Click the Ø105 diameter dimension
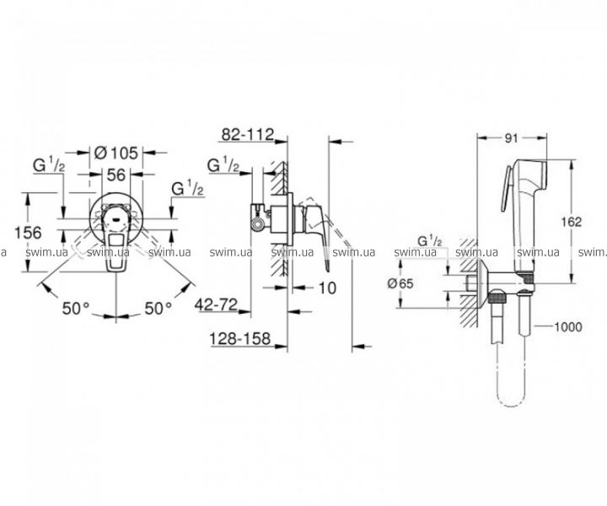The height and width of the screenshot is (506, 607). [x=116, y=153]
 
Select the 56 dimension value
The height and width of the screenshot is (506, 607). [x=116, y=175]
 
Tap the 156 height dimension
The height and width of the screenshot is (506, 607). [x=28, y=233]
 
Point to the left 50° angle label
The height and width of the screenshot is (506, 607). [x=76, y=309]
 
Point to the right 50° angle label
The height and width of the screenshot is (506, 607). [x=158, y=309]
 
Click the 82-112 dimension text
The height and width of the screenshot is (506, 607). [x=248, y=134]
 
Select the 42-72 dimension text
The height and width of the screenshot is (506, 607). [x=216, y=305]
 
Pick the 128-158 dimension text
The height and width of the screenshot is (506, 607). [x=239, y=339]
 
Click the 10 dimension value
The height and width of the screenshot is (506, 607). [x=327, y=288]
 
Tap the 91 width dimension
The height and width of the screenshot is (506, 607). [x=512, y=138]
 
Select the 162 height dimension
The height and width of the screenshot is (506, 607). [x=572, y=222]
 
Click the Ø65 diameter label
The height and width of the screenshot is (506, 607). [x=400, y=283]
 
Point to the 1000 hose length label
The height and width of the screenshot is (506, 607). [x=568, y=327]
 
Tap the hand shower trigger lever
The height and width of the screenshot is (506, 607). [x=507, y=190]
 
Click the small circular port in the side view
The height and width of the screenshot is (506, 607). [x=258, y=223]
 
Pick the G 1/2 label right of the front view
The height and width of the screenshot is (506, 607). [x=188, y=189]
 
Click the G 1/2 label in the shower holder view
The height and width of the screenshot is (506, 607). [x=430, y=241]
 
